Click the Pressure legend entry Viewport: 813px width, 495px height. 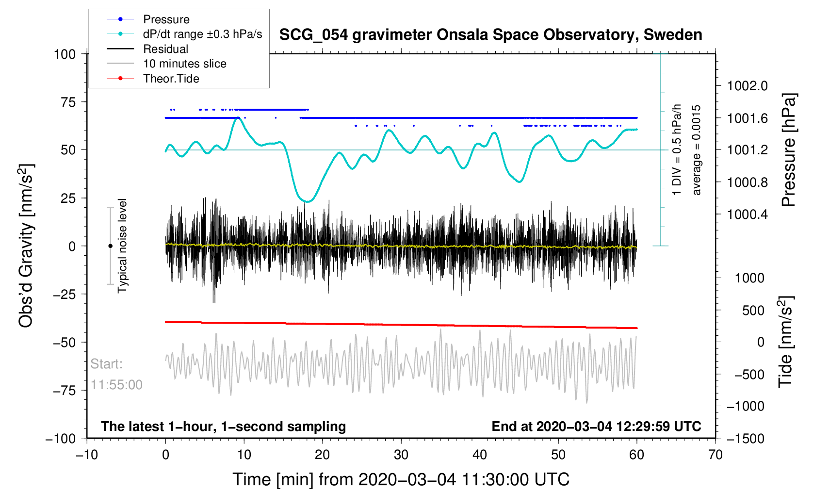166,19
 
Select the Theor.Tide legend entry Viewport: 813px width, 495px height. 171,79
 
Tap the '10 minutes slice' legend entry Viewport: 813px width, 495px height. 184,64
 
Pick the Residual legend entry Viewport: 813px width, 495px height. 165,49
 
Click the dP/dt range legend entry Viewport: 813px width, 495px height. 202,34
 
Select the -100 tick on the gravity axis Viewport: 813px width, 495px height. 61,439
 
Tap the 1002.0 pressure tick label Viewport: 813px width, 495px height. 748,86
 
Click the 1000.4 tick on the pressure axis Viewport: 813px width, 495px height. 748,214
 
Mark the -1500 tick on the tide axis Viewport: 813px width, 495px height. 745,439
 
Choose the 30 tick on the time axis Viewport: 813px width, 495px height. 401,455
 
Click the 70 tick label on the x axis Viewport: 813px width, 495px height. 715,455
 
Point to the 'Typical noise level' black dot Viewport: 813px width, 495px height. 110,246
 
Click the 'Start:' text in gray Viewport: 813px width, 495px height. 107,364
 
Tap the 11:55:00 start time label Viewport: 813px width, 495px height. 116,385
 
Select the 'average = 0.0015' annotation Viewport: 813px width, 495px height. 697,150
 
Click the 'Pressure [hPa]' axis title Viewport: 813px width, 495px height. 789,150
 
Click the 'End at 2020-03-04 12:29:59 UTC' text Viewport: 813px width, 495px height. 596,427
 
